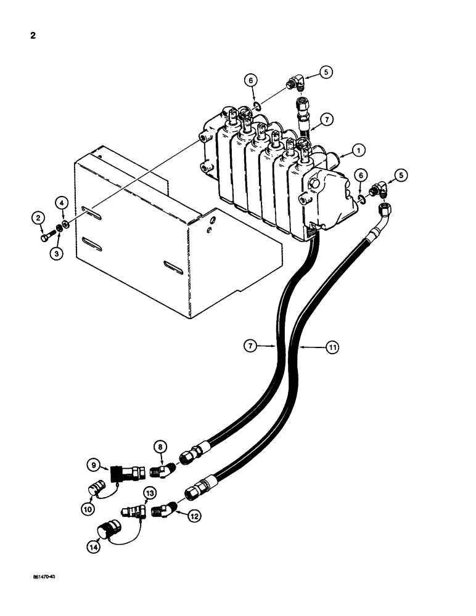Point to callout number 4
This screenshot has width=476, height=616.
pyautogui.click(x=62, y=201)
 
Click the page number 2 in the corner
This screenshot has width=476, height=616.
pyautogui.click(x=32, y=35)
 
